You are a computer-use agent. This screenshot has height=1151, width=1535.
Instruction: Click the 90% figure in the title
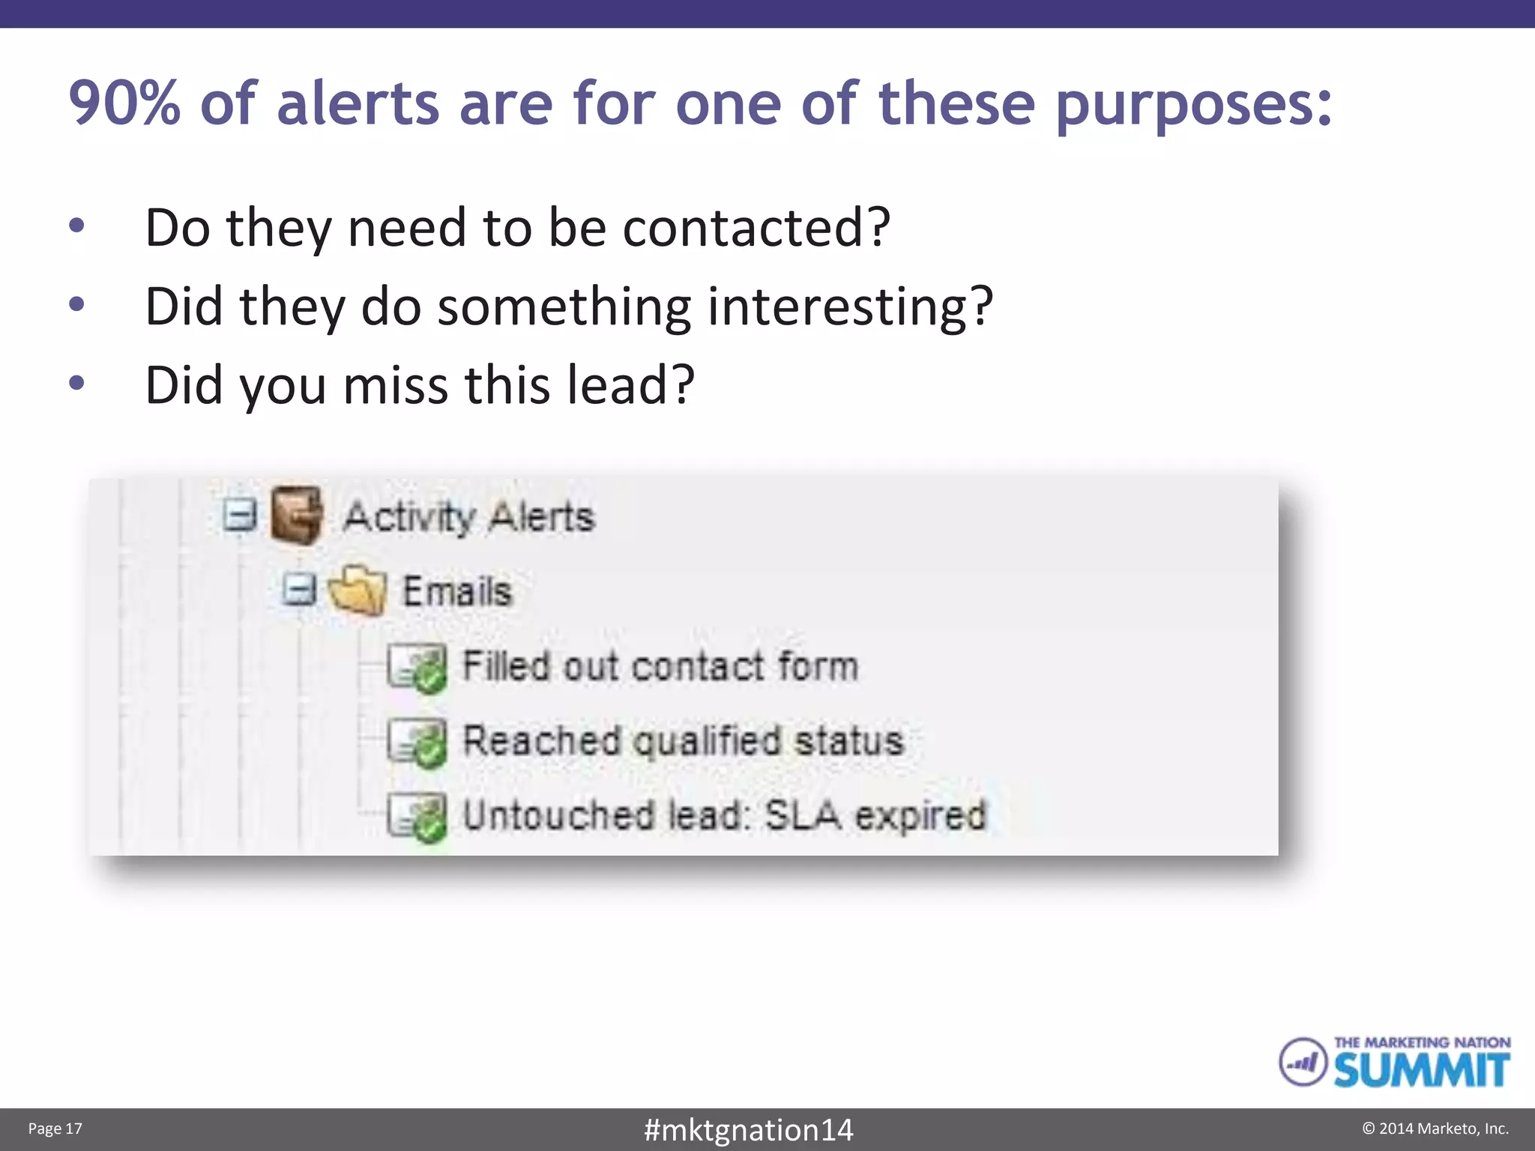124,103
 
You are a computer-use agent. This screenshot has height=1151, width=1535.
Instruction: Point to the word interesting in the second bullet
850,306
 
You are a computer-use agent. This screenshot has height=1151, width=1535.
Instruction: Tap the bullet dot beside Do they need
76,225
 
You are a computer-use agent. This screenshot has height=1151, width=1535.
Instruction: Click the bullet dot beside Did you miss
76,383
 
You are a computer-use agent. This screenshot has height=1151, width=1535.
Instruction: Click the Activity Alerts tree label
469,516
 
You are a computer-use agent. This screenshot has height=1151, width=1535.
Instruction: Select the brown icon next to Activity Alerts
297,514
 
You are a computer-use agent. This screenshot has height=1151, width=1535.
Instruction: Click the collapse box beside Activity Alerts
240,515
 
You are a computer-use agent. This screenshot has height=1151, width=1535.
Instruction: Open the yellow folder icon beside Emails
358,590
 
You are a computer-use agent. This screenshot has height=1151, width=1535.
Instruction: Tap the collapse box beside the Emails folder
299,589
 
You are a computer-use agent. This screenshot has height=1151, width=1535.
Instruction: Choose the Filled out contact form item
660,666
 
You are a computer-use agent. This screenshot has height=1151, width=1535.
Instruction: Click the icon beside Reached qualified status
417,742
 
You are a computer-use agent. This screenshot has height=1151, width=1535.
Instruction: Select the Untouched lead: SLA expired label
724,815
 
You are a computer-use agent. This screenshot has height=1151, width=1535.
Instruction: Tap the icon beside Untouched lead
417,817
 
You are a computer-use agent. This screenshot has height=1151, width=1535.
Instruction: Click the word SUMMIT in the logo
1421,1069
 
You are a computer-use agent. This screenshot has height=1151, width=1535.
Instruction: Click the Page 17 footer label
55,1129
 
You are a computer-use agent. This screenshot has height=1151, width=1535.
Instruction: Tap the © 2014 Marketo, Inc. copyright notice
1435,1129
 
